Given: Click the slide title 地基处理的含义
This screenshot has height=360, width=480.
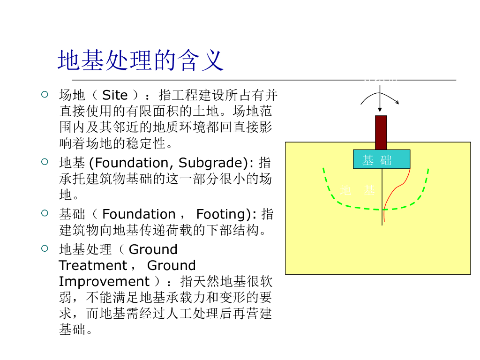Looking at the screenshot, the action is [141, 60].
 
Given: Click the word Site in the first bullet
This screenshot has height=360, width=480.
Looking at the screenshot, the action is [115, 95].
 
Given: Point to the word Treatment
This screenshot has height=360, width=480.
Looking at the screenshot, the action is [93, 266].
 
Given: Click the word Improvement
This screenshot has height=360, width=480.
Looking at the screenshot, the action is [104, 282].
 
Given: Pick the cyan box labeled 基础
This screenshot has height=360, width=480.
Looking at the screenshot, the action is [381, 159].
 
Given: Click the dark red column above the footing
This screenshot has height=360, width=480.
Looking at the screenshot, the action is [381, 133].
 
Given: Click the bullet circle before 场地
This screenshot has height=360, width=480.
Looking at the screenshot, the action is [45, 95].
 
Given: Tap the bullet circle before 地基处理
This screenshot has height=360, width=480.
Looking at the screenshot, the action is [45, 249].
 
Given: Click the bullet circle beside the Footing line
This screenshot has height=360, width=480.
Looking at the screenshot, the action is [45, 214].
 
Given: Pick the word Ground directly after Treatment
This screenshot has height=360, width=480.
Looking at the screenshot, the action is [171, 266].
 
